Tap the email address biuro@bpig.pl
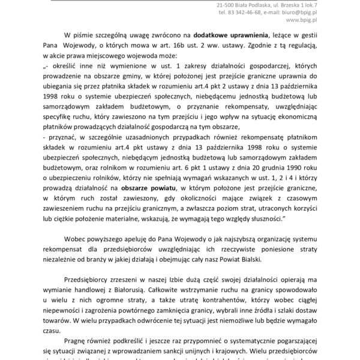click(x=329, y=12)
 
